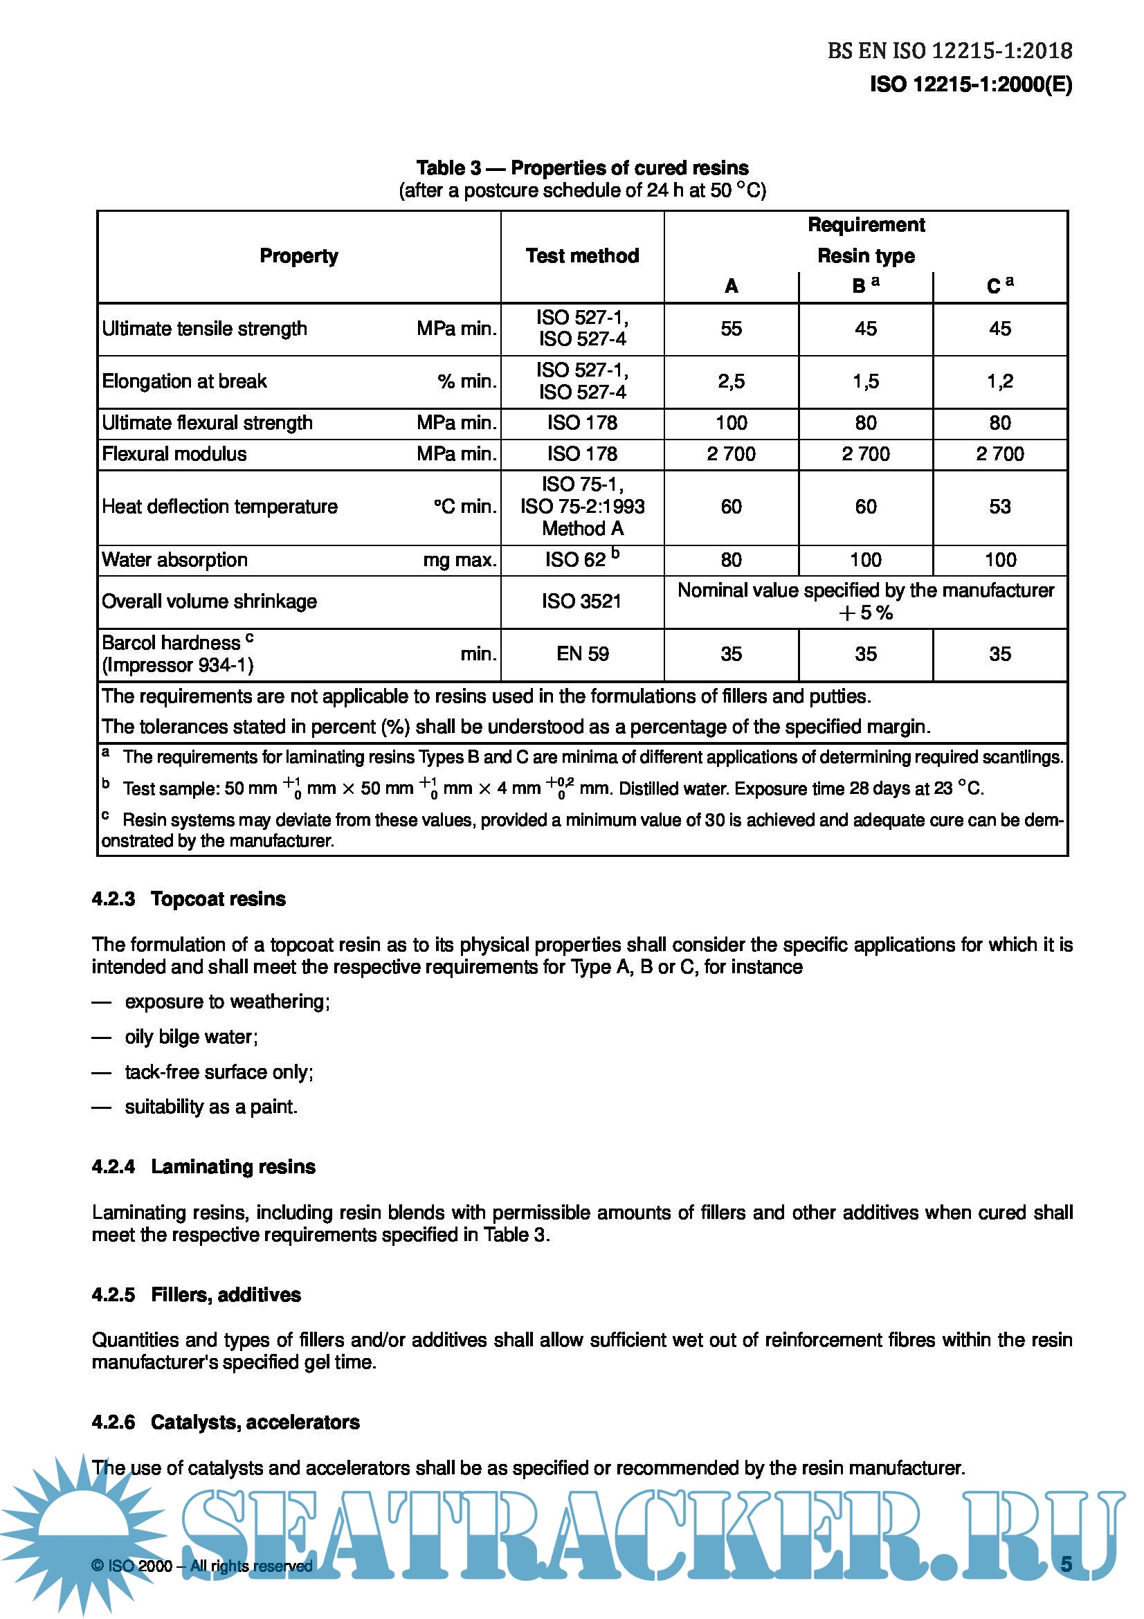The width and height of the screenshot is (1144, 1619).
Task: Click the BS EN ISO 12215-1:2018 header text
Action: [x=950, y=51]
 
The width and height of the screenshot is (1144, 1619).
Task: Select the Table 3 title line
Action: [x=582, y=168]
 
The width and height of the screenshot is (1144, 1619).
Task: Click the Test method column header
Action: [x=582, y=256]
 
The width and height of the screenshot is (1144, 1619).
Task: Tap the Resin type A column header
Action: [x=731, y=287]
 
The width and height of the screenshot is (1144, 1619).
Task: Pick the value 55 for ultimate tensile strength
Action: [x=731, y=329]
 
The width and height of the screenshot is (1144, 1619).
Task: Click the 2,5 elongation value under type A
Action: [x=731, y=381]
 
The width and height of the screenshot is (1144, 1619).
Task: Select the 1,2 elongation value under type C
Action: [x=999, y=381]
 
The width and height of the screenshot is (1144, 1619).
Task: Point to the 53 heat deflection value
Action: [x=999, y=506]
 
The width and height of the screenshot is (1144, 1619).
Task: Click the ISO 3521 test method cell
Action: [x=581, y=602]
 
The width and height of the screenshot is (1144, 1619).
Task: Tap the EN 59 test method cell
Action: [x=582, y=653]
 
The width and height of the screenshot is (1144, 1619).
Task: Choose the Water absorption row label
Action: [x=175, y=560]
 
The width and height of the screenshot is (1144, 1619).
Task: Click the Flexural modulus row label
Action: [x=174, y=454]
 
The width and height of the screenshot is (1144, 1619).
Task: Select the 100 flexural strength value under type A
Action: [x=731, y=423]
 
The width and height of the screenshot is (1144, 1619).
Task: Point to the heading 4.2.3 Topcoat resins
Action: [x=189, y=899]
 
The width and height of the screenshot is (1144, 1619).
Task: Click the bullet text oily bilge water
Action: [x=191, y=1037]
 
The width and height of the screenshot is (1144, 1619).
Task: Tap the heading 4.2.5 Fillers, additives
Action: [x=196, y=1294]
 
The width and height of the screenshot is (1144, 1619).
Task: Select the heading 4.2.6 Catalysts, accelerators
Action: [x=226, y=1422]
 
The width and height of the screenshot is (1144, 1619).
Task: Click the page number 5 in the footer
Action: [x=1066, y=1565]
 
